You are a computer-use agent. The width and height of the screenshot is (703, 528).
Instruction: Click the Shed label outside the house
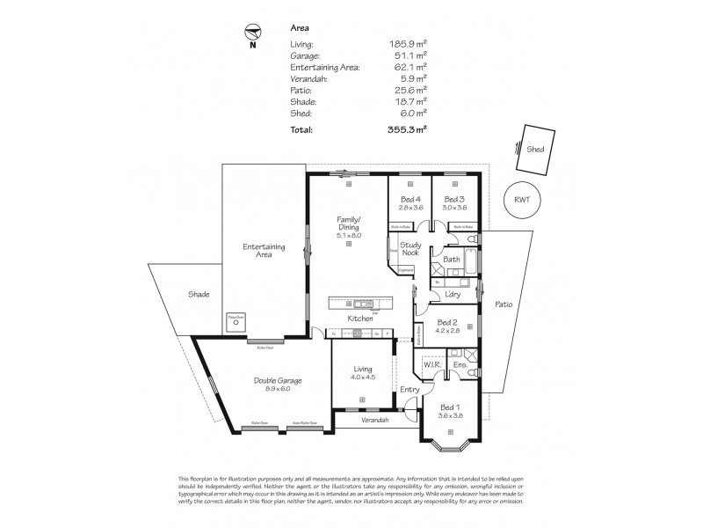click(535, 150)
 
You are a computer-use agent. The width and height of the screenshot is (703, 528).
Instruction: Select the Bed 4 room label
click(411, 200)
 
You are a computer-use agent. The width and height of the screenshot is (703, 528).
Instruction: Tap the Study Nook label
click(411, 250)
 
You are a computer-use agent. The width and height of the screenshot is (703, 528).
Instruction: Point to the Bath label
click(452, 260)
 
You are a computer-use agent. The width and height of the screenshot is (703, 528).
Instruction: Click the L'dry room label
click(453, 293)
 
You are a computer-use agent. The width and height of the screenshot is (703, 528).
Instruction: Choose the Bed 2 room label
click(446, 322)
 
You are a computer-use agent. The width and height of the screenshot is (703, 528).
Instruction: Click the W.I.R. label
click(431, 363)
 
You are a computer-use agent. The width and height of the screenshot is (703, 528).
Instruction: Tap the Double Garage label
click(278, 381)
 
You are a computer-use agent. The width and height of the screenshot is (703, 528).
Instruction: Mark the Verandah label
click(374, 420)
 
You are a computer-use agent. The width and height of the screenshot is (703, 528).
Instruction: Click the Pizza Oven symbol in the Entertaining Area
click(235, 321)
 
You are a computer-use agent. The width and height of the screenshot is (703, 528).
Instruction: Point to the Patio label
click(504, 304)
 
